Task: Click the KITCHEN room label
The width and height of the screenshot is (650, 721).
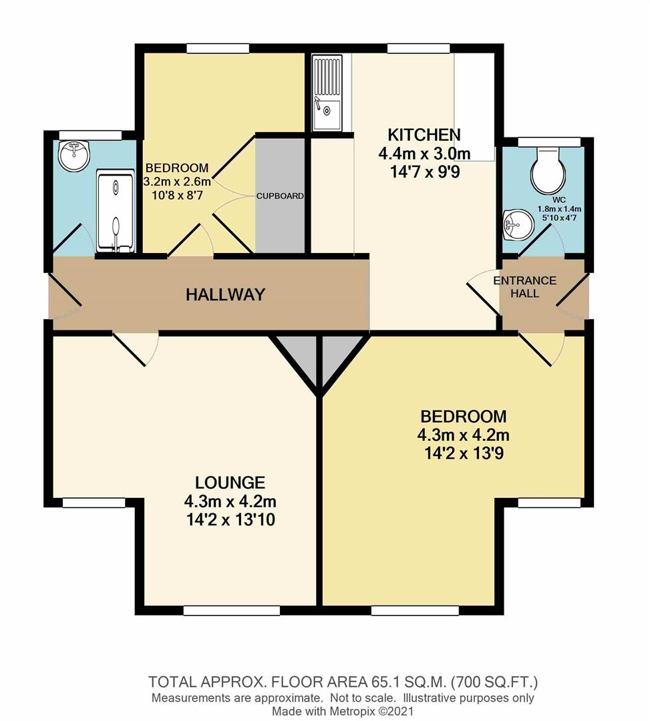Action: click(424, 134)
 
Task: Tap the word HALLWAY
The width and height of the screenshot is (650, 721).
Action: click(225, 294)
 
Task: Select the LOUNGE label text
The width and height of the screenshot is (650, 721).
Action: click(230, 482)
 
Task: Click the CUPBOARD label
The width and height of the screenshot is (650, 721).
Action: click(281, 196)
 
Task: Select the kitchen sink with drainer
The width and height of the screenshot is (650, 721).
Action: click(327, 93)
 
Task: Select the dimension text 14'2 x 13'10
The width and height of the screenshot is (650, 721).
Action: click(230, 519)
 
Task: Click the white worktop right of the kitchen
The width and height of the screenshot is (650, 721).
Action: click(475, 107)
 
